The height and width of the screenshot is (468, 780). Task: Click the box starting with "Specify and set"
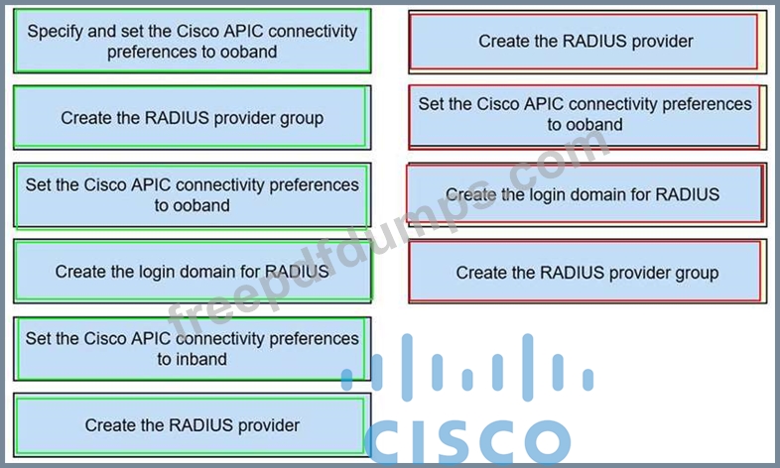point(192,41)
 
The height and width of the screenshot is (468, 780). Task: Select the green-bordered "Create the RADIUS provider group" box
point(192,118)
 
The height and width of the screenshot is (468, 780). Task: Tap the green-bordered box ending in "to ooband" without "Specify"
point(192,195)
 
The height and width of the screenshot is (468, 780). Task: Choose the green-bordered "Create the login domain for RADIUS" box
point(192,271)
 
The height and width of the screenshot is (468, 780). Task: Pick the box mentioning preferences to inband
point(192,349)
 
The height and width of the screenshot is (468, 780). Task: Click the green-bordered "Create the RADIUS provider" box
point(192,425)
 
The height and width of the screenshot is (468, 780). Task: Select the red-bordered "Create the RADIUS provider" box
point(585,41)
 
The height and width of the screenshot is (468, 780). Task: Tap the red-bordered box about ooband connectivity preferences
point(585,114)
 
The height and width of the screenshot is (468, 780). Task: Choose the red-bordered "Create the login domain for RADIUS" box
point(585,194)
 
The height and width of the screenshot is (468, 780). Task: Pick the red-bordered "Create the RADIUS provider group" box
point(585,273)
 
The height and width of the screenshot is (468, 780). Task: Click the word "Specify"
point(57,31)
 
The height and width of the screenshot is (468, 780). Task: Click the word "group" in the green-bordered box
point(299,118)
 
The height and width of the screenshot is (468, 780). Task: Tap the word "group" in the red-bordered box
point(694,273)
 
